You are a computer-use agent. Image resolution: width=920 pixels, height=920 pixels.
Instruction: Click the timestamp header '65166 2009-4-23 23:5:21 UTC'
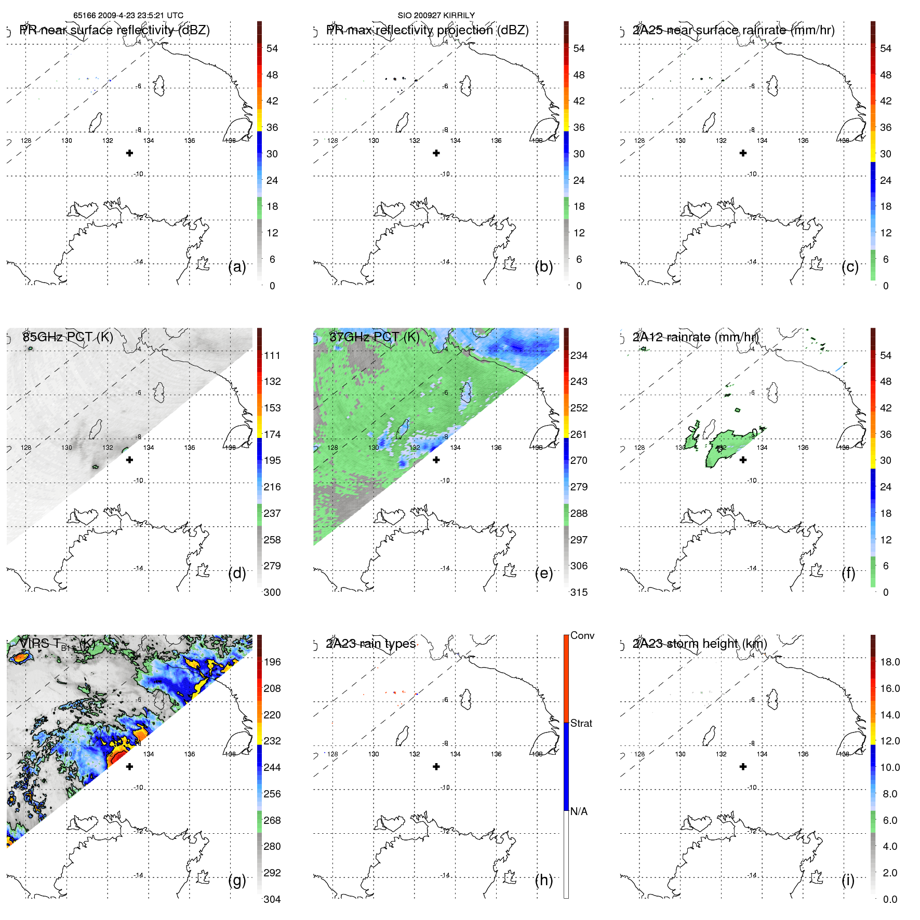click(128, 16)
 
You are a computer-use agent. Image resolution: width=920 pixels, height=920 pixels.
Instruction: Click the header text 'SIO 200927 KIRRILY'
click(436, 16)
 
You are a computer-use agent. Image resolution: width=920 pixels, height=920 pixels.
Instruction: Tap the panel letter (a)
click(237, 266)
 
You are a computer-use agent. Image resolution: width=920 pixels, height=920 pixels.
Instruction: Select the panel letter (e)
click(544, 573)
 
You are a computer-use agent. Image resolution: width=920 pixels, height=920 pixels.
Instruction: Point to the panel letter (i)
click(848, 880)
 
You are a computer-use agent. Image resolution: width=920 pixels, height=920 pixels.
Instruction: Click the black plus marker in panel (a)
click(129, 153)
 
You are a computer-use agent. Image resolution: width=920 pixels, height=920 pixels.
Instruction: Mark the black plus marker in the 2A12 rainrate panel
click(743, 460)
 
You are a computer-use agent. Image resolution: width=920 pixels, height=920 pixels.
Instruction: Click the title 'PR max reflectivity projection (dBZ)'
click(427, 30)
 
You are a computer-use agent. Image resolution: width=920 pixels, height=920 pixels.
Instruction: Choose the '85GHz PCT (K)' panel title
click(68, 337)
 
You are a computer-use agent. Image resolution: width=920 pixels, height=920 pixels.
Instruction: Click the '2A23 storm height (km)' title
click(699, 644)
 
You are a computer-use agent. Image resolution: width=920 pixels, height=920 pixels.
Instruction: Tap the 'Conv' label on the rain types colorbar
click(582, 635)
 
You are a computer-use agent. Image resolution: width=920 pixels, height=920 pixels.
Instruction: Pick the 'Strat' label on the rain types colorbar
click(581, 723)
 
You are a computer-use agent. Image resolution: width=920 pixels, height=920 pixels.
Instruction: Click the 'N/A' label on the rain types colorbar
click(579, 811)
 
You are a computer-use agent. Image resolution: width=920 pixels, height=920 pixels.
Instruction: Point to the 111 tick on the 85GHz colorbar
click(272, 355)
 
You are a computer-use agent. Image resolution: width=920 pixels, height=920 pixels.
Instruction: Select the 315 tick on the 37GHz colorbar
click(579, 592)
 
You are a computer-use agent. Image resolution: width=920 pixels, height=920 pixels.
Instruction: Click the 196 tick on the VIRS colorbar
click(272, 662)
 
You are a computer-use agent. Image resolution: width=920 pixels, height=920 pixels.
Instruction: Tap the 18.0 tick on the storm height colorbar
click(889, 662)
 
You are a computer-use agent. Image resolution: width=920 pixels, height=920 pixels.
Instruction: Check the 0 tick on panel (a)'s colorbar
click(272, 286)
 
